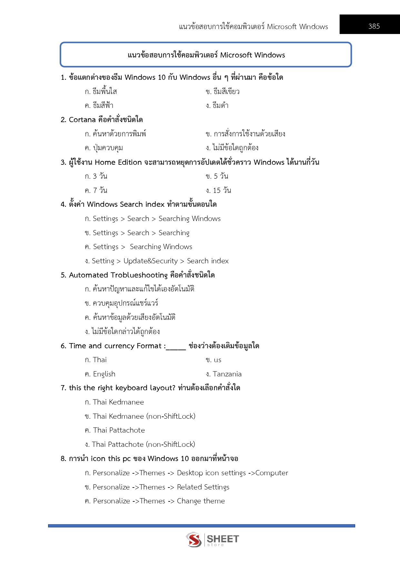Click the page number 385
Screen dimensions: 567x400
(374, 26)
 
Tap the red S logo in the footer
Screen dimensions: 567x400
(194, 539)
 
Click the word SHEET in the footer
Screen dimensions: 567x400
(223, 539)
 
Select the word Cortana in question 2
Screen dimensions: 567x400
(82, 120)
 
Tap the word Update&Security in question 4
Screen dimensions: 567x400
(150, 261)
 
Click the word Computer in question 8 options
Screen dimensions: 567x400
(272, 473)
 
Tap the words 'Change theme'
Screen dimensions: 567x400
(201, 501)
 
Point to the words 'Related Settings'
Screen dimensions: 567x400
(203, 487)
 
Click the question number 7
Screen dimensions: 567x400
(63, 388)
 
